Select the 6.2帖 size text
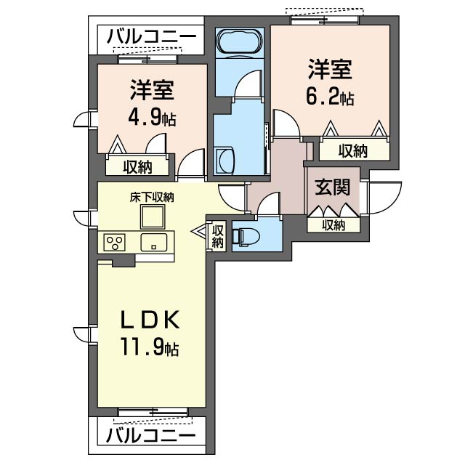(x=330, y=97)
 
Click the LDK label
(x=150, y=320)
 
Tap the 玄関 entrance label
(x=333, y=187)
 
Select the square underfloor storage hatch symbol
(x=153, y=217)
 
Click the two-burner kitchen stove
(x=115, y=242)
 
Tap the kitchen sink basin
(x=154, y=242)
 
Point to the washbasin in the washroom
(x=224, y=159)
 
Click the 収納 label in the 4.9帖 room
(x=137, y=166)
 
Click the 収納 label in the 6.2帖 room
(x=353, y=150)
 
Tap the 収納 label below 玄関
(x=333, y=225)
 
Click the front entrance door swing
(x=384, y=196)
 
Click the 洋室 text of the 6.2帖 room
(x=330, y=70)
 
